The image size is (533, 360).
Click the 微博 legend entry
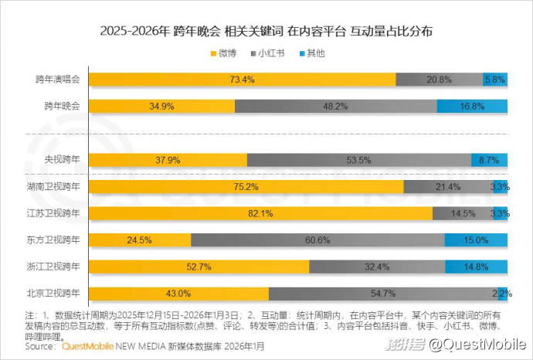pyautogui.click(x=223, y=53)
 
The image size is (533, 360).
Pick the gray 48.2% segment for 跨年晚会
pyautogui.click(x=335, y=106)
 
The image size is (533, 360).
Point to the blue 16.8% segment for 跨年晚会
pyautogui.click(x=472, y=106)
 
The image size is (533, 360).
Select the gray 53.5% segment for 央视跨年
pyautogui.click(x=358, y=160)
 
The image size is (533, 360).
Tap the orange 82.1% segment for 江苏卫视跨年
pyautogui.click(x=261, y=212)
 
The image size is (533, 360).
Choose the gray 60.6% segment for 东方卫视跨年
pyautogui.click(x=317, y=239)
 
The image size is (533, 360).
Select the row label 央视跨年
pyautogui.click(x=68, y=160)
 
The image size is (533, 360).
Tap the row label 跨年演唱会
pyautogui.click(x=63, y=80)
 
